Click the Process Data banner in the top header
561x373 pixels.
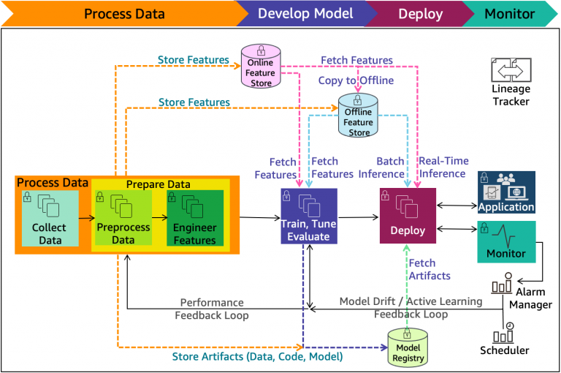point(124,14)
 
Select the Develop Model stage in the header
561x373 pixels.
point(305,14)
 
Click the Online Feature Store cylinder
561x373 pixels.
point(261,67)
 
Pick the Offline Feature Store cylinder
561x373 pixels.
point(359,116)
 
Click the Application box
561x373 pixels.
point(506,192)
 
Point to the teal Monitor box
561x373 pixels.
point(506,241)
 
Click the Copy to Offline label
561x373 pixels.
point(356,80)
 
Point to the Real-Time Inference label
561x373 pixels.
point(443,167)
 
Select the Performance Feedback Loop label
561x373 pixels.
point(211,309)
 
